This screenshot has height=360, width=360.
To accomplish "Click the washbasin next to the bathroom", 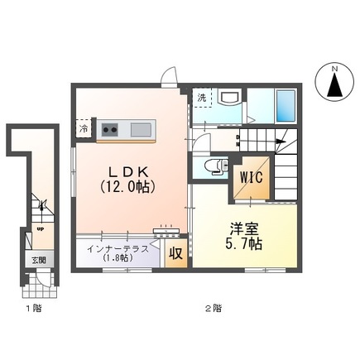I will [x=231, y=99].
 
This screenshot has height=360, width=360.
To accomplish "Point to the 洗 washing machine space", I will [x=201, y=98].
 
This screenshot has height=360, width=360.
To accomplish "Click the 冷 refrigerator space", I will [x=84, y=128].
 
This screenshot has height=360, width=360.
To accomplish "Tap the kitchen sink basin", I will [x=140, y=129].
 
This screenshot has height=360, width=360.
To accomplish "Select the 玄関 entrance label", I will [x=40, y=259].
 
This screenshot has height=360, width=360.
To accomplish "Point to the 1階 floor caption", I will [x=32, y=308].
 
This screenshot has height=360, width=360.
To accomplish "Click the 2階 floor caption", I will [x=213, y=308].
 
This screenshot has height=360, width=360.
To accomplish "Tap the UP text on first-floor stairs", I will [x=39, y=230].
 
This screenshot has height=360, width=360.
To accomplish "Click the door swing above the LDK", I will [x=170, y=76].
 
